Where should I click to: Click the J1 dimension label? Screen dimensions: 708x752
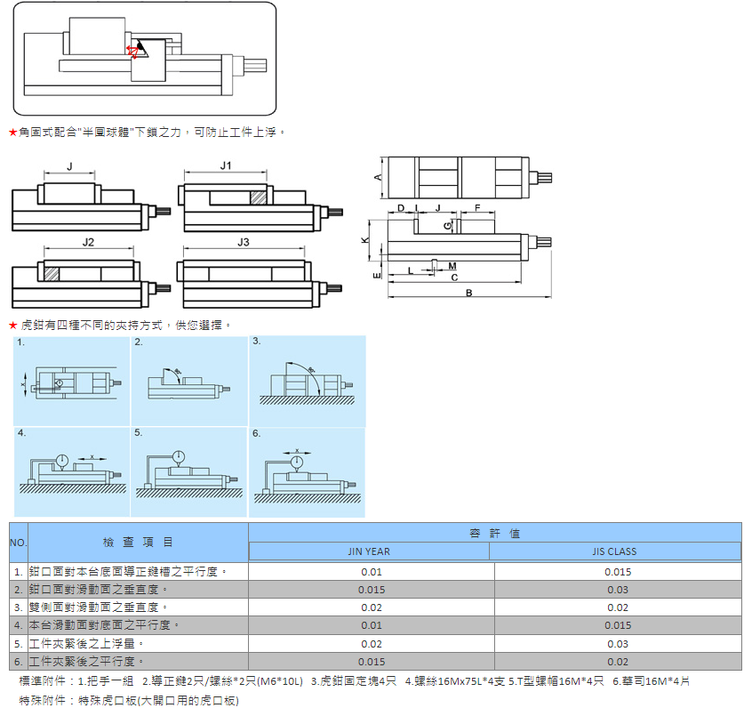point(226,166)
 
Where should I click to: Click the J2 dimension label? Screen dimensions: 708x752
point(87,242)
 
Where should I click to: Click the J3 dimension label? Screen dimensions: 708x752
point(244,242)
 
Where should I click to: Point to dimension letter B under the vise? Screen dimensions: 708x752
point(468,293)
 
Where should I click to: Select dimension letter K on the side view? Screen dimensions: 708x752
point(366,240)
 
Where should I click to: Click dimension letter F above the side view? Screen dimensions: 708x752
point(478,207)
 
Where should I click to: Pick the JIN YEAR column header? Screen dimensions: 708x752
point(368,551)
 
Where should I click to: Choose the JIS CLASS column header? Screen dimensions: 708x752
point(614,551)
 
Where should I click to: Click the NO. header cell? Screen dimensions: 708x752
point(19,542)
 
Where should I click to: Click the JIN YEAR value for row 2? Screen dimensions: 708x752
point(371,590)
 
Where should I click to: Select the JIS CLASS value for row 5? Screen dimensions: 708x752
point(618,643)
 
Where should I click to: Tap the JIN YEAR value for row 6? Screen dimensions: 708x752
point(371,662)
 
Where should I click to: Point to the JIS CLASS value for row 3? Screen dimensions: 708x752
point(618,607)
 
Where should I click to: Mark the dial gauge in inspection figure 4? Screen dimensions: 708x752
point(62,461)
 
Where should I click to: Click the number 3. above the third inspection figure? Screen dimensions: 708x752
point(257,342)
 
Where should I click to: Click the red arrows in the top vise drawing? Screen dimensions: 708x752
point(133,51)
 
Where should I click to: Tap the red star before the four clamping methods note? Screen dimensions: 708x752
point(12,326)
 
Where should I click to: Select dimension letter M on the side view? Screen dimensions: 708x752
point(452,266)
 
